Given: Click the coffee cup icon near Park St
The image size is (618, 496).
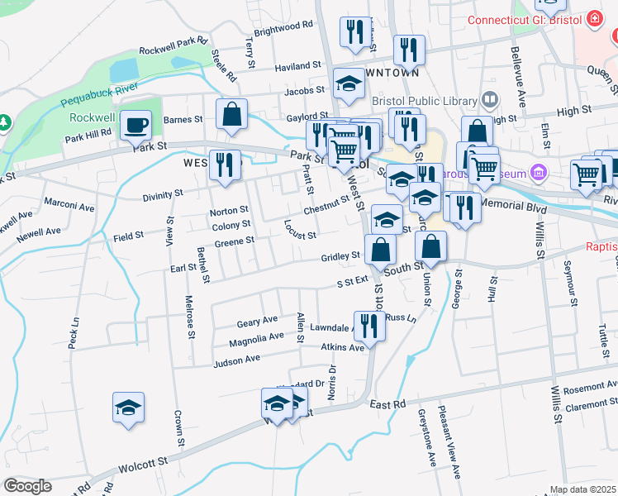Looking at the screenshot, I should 136,126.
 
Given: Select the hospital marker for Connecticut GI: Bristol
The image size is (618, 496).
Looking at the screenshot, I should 593,19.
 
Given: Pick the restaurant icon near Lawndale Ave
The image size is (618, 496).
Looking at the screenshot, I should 368,325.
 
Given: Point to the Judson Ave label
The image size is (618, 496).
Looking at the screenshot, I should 236,360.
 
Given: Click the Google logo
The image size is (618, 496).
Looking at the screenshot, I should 27,486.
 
